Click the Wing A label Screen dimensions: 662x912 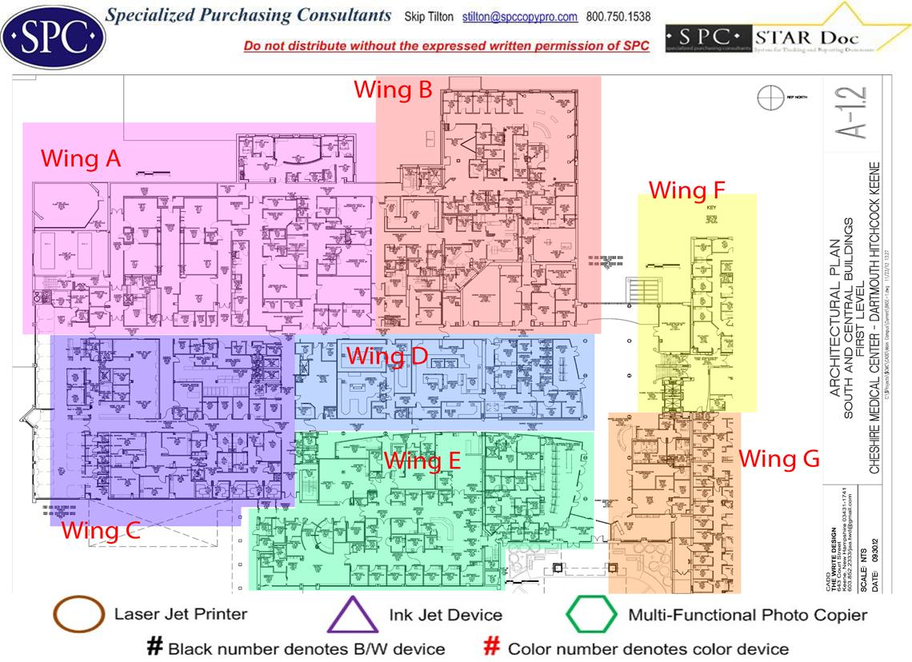coord(81,158)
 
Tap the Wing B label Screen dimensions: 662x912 coord(393,89)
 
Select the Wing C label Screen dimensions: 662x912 coord(101,530)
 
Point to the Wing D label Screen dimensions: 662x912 coord(387,356)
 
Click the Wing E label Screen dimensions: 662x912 coord(422,461)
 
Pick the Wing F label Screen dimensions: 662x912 coord(686,190)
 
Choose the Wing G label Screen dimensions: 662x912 coord(778,459)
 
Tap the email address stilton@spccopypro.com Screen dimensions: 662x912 coord(520,17)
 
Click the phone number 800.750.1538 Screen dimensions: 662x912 coord(619,17)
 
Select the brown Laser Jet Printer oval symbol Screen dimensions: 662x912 coord(78,615)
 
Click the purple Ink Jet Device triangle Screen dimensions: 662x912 coord(352,615)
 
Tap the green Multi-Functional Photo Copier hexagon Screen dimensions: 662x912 coord(591,615)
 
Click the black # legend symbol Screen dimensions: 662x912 coord(155,647)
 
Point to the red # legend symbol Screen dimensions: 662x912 coord(493,647)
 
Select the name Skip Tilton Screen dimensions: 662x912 coord(428,17)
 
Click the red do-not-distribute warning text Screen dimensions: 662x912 coord(446,46)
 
